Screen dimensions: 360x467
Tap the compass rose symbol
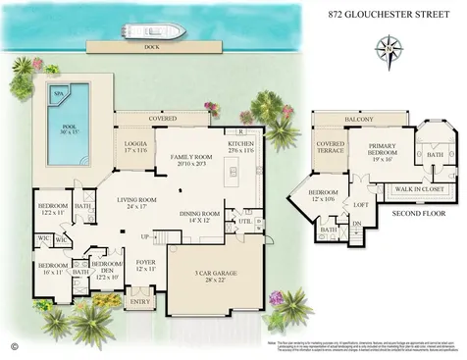[389, 47]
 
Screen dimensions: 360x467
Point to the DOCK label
[150, 46]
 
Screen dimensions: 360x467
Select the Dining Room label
[200, 217]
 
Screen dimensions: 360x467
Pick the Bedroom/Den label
[106, 268]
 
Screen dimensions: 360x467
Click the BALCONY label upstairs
[359, 119]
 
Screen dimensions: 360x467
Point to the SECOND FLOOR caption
[418, 212]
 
